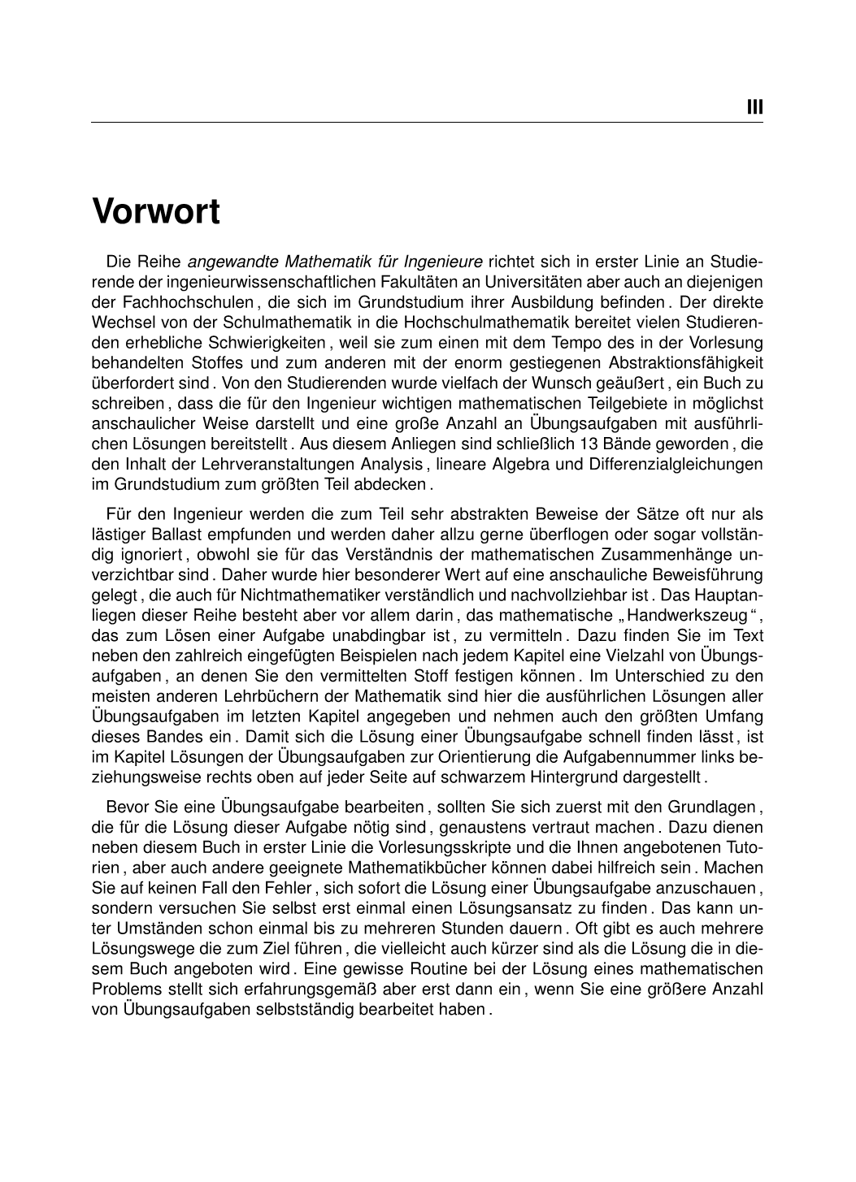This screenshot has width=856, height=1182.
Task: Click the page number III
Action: (754, 107)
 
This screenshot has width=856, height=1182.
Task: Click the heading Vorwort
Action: (156, 212)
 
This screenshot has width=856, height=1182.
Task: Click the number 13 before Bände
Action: (586, 444)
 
